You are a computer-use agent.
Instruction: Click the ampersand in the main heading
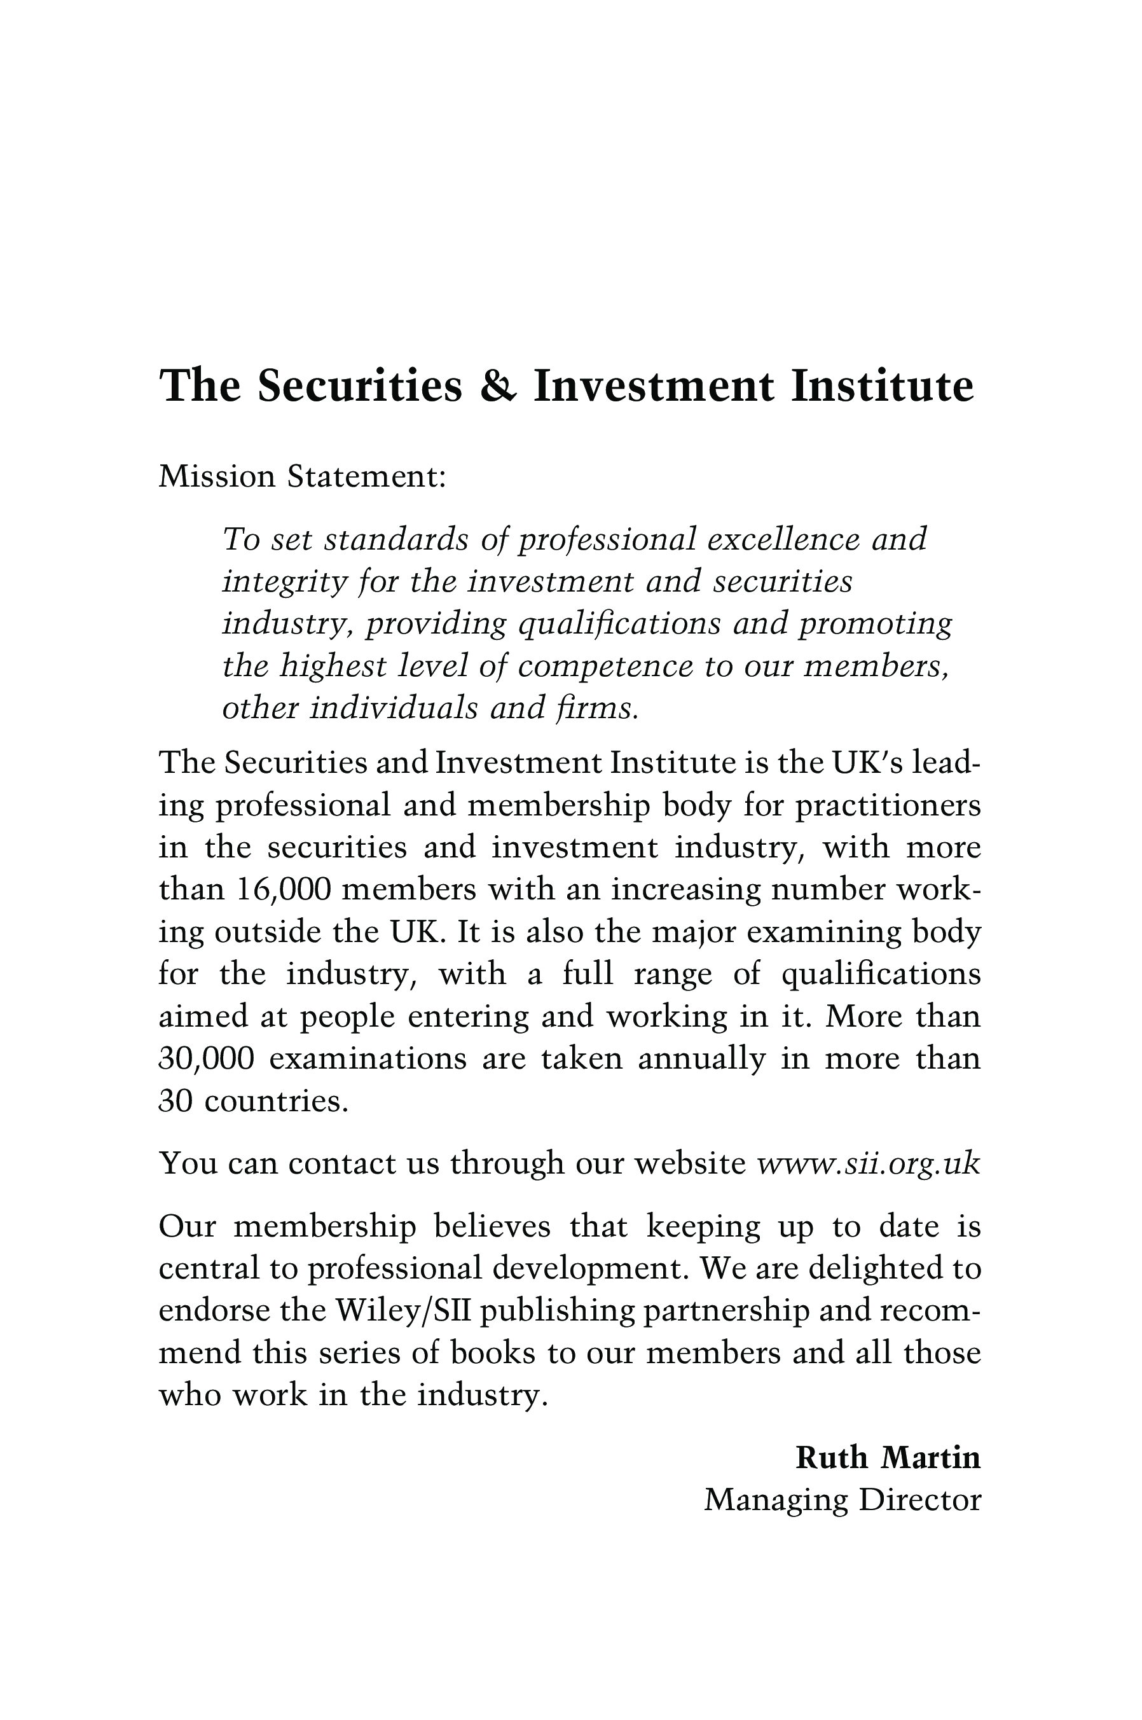498,385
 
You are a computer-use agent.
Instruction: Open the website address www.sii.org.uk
869,1163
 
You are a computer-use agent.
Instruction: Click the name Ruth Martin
888,1458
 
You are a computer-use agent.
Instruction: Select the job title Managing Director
843,1500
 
